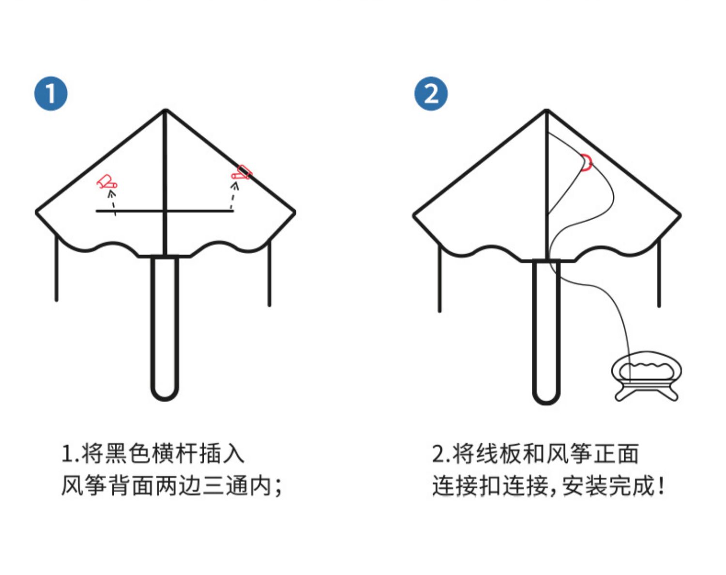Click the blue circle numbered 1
click(x=51, y=93)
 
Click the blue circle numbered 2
click(x=431, y=93)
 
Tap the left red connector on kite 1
click(x=107, y=182)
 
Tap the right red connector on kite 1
click(x=242, y=172)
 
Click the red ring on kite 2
click(x=587, y=162)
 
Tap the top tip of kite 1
click(x=166, y=111)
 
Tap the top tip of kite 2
click(x=546, y=111)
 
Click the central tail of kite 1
click(x=165, y=329)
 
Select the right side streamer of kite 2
click(x=659, y=273)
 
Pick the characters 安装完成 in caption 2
click(x=608, y=485)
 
